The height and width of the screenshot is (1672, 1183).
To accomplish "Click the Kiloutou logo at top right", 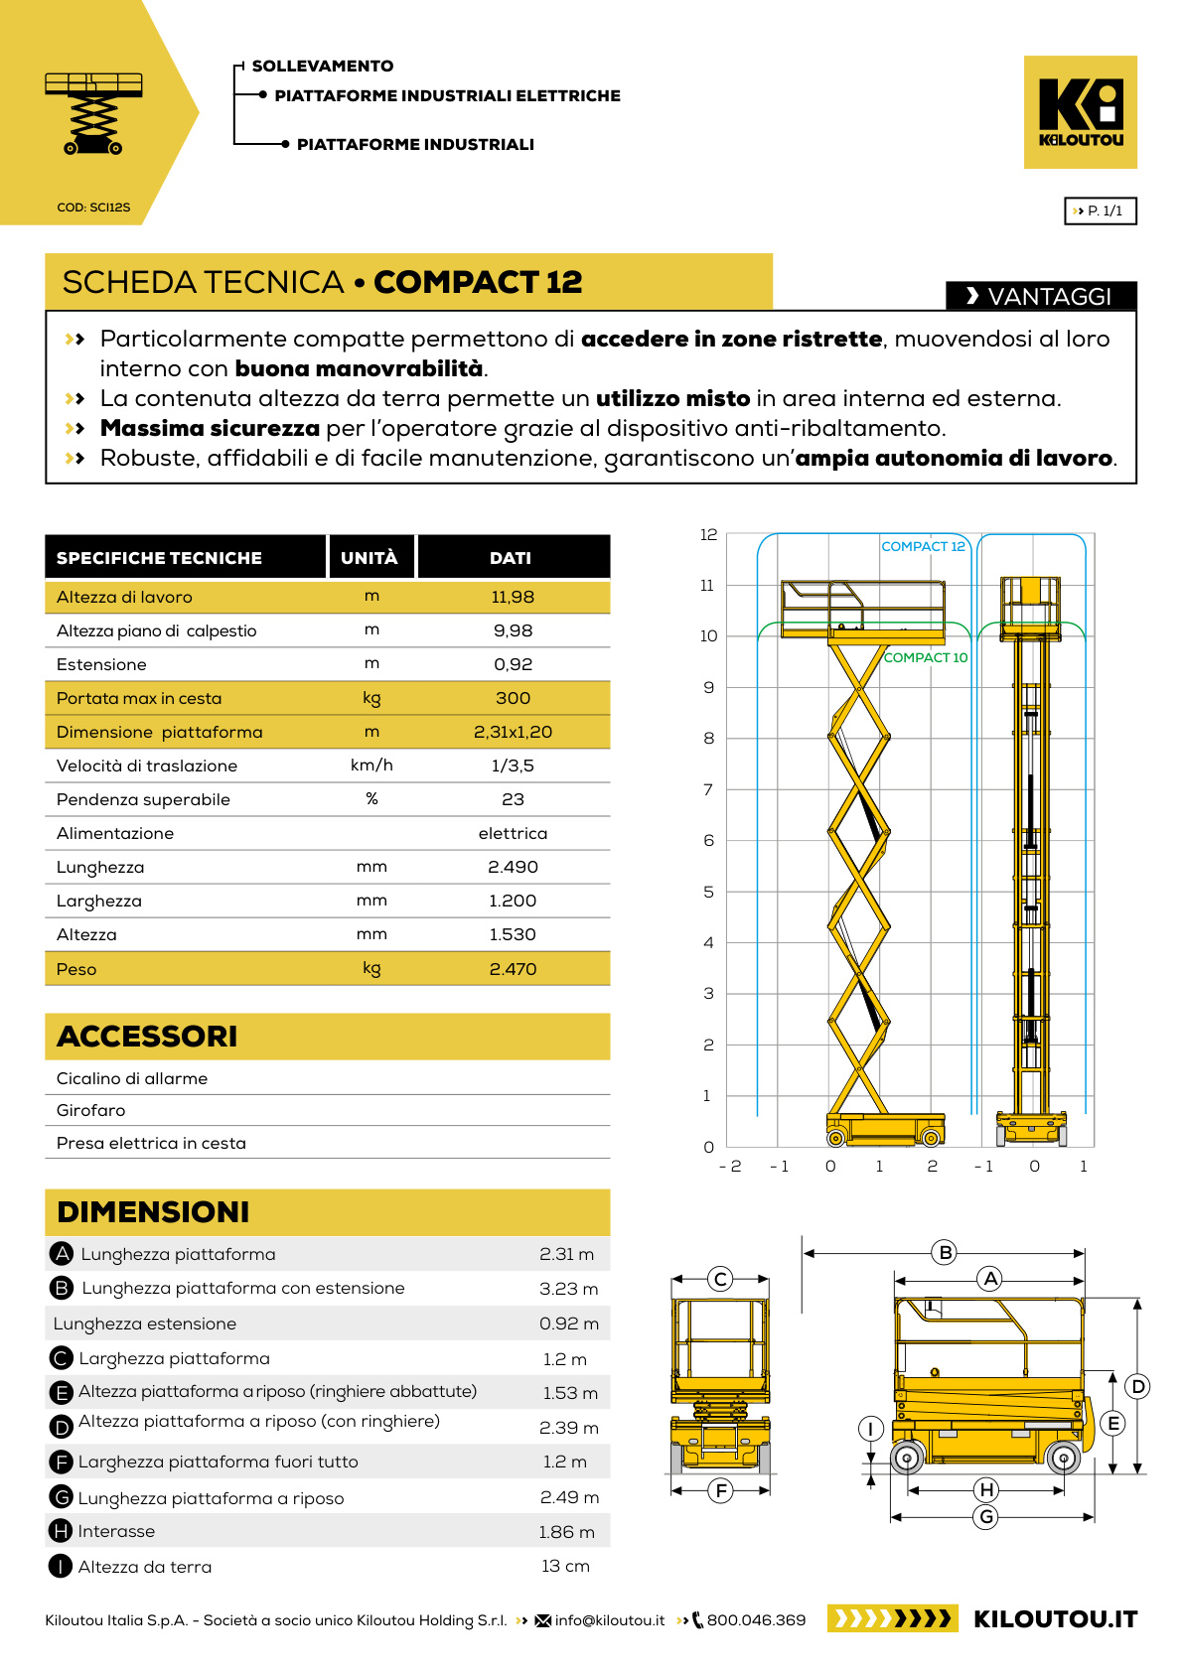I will click(x=1080, y=111).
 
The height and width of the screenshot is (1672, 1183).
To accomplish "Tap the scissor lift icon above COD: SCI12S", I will click(x=93, y=112).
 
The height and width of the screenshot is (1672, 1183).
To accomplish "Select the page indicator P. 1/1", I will click(x=1100, y=210).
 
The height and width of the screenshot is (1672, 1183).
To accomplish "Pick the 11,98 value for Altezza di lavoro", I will click(x=513, y=597).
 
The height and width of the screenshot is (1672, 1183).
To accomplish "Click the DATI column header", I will click(x=511, y=558).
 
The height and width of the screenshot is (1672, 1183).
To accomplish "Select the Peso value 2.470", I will click(x=513, y=969).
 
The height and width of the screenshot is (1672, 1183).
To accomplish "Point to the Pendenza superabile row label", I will click(x=143, y=799).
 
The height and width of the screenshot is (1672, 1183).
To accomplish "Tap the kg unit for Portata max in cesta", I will click(x=371, y=698).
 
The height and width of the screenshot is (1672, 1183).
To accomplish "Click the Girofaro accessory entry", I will click(x=90, y=1110).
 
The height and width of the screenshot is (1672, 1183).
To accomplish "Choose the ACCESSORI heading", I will click(x=147, y=1036).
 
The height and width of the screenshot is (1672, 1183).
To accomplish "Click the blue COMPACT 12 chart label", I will click(x=923, y=546).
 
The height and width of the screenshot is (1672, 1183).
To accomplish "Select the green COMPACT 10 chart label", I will click(x=925, y=657).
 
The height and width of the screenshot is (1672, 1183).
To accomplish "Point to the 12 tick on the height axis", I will click(x=708, y=534).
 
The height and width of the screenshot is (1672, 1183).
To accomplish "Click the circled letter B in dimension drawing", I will click(x=946, y=1252).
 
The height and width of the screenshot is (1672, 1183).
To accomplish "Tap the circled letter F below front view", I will click(x=721, y=1489).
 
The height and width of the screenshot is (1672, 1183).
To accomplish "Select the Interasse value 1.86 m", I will click(x=566, y=1532).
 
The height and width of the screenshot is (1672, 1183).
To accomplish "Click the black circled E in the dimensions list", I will click(x=61, y=1392).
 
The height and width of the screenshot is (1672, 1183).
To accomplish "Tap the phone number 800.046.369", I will click(x=756, y=1620).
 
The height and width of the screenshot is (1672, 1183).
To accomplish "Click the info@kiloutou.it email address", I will click(x=609, y=1620).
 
